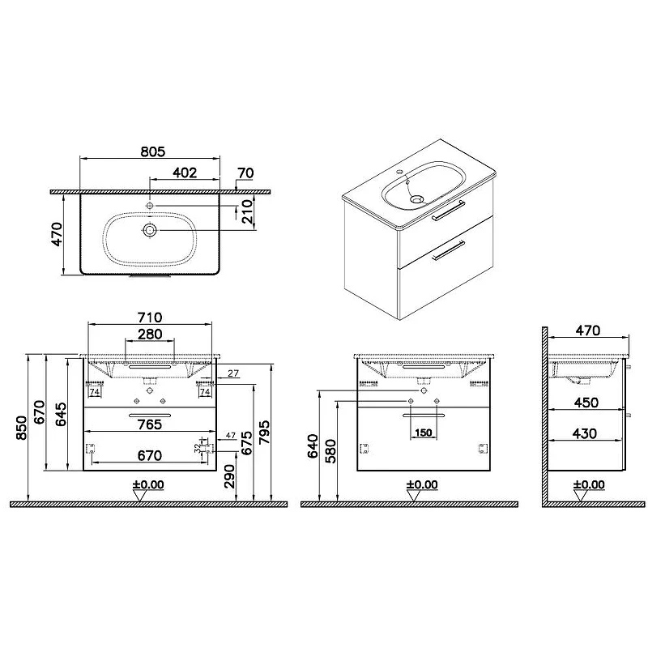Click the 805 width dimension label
pos(152,151)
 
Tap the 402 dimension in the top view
pos(185,173)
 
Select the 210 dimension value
pos(247,211)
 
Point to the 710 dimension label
pos(150,318)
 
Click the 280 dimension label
pos(150,334)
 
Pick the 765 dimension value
pos(150,424)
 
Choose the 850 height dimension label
pos(21,428)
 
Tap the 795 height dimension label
pos(264,433)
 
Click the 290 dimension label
pos(229,476)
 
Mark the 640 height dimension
pos(313,446)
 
